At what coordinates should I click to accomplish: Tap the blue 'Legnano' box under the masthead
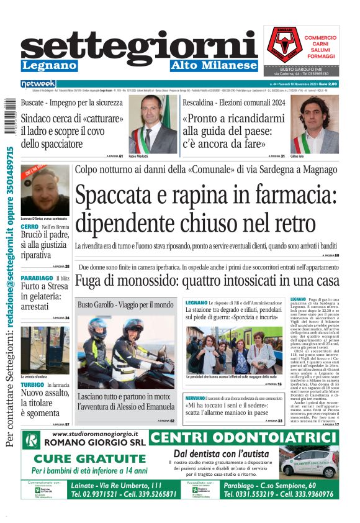(x=49, y=65)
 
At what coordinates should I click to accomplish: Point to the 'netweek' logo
(x=38, y=83)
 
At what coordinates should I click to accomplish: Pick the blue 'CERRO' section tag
(x=30, y=227)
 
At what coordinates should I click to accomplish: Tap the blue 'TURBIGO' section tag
(x=32, y=367)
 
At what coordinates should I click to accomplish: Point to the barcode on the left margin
(x=8, y=117)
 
